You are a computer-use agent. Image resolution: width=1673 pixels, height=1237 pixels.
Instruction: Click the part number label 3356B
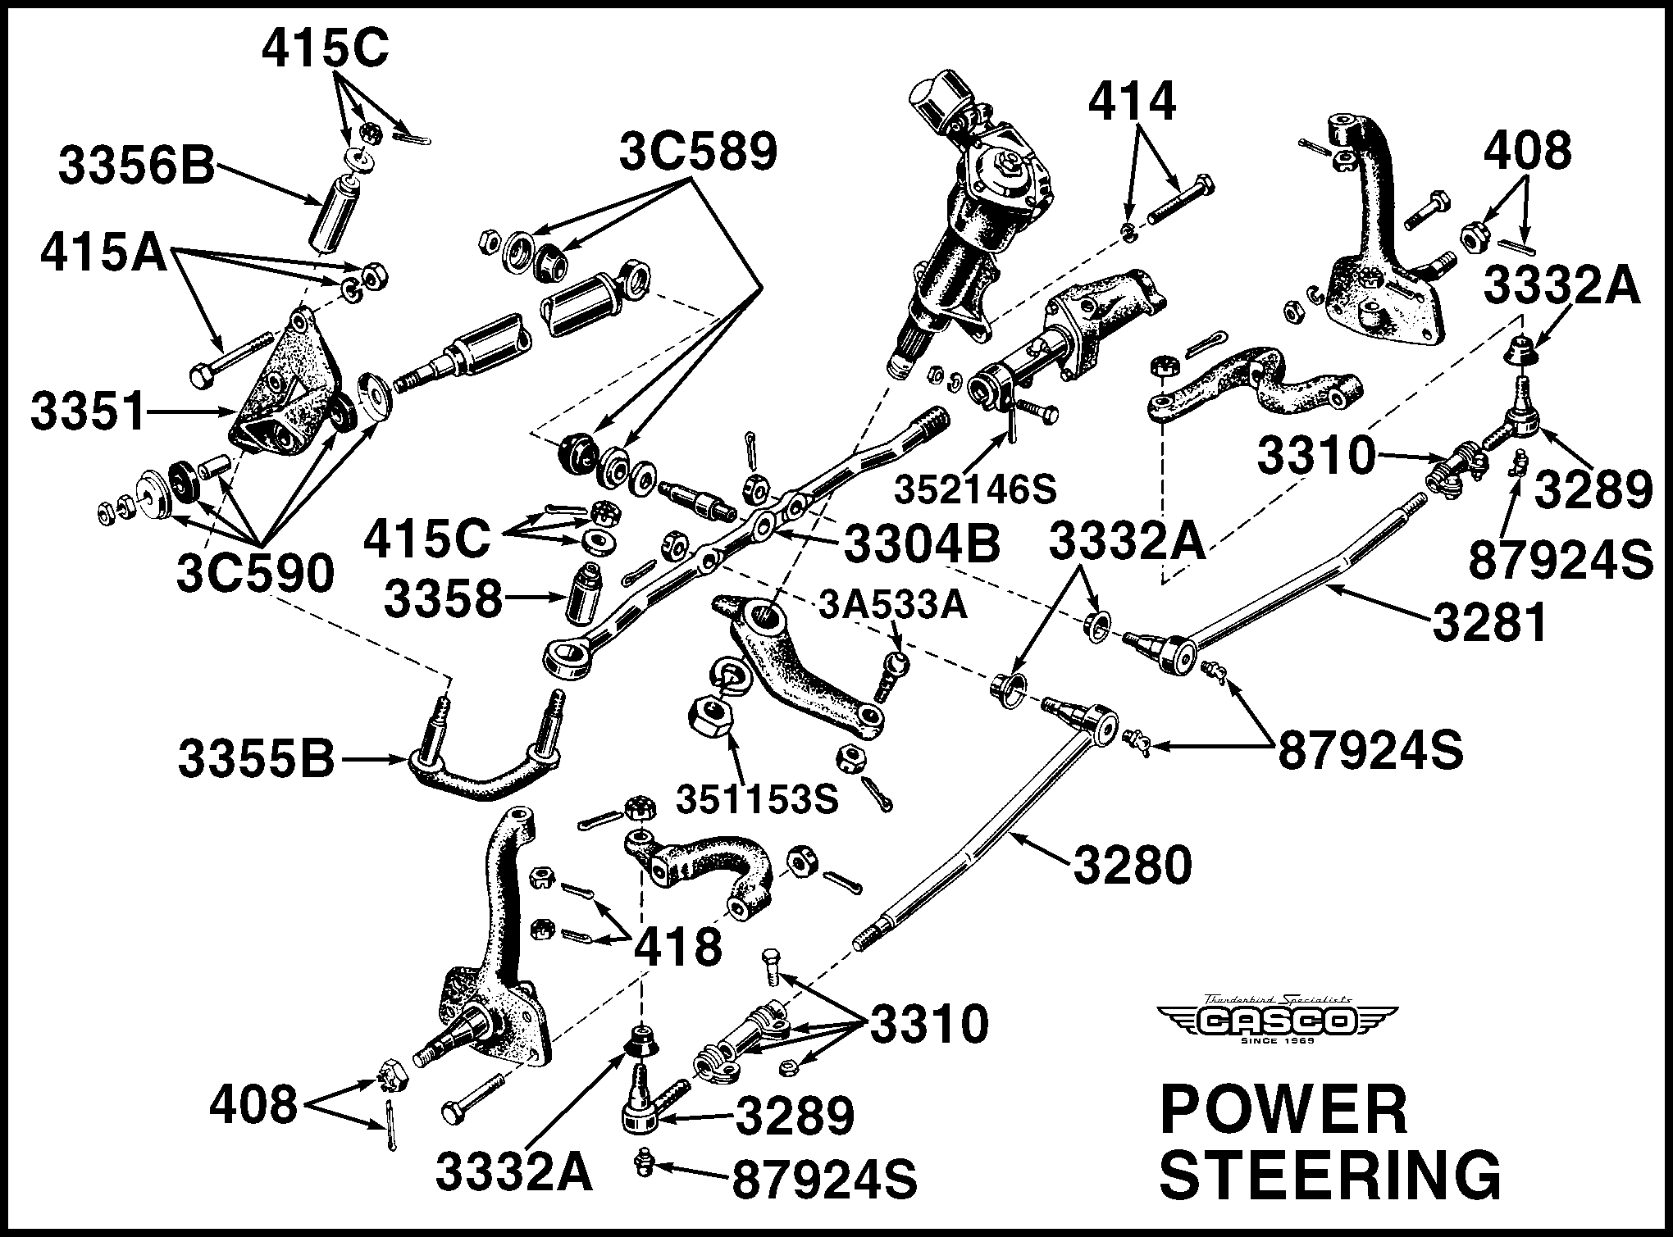[135, 170]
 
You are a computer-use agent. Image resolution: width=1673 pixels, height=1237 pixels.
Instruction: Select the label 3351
[88, 412]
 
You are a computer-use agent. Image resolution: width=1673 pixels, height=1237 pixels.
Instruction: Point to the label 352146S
[975, 490]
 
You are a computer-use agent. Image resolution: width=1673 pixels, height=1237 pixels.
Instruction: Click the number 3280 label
[1132, 865]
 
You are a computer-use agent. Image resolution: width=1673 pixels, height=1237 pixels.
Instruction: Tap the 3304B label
[922, 544]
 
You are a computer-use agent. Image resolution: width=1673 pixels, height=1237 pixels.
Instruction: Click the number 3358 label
[443, 599]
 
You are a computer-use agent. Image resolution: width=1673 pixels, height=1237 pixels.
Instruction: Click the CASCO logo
[1277, 1021]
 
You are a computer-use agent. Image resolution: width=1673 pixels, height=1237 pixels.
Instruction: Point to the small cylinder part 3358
[584, 592]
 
